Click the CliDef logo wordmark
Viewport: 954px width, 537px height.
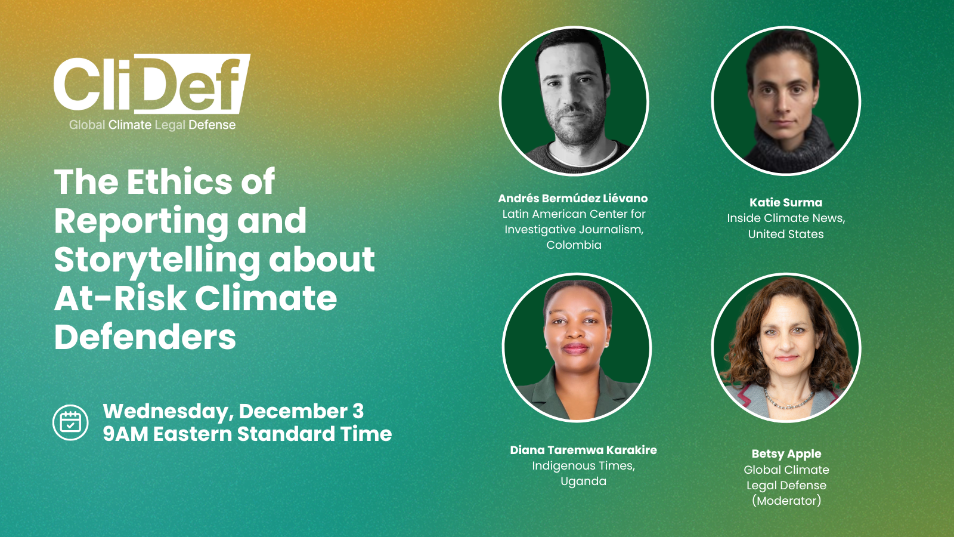coord(151,84)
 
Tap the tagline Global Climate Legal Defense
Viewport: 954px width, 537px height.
coord(152,125)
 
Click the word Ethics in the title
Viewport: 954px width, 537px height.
coord(179,181)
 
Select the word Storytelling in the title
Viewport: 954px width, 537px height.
coord(157,260)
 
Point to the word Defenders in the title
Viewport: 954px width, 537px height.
coord(145,337)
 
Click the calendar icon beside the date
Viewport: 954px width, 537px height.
coord(70,422)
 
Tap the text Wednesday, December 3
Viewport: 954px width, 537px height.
coord(233,411)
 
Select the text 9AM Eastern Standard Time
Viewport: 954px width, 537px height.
coord(247,434)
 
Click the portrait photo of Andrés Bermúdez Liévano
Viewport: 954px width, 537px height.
coord(574,101)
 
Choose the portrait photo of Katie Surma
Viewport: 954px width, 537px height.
coord(786,101)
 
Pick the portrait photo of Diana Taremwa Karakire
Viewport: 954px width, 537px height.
coord(577,348)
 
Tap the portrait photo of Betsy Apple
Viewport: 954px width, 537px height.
coord(786,348)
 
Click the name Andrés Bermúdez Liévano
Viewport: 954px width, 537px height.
coord(573,198)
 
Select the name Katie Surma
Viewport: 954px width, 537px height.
coord(786,202)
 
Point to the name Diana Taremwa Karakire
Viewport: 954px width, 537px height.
coord(583,450)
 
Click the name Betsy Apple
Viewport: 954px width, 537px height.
coord(786,454)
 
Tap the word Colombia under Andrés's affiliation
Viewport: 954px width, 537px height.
coord(574,245)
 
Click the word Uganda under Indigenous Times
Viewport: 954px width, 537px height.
coord(583,481)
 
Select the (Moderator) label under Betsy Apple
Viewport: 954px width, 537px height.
coord(786,501)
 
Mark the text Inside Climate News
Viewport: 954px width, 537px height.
coord(785,218)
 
